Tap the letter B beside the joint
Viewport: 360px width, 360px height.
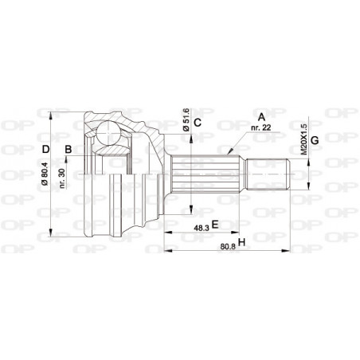tap(69, 149)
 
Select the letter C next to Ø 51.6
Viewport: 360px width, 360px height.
tap(199, 122)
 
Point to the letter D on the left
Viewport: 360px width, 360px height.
tap(46, 149)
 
